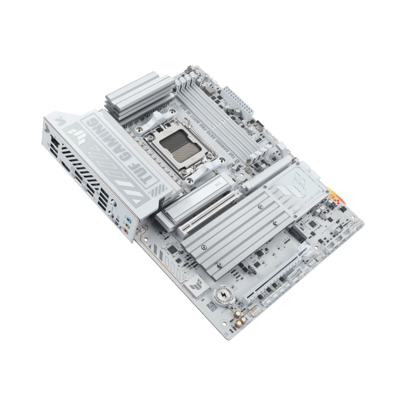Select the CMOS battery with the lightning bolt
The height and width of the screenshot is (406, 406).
pyautogui.click(x=225, y=296)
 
